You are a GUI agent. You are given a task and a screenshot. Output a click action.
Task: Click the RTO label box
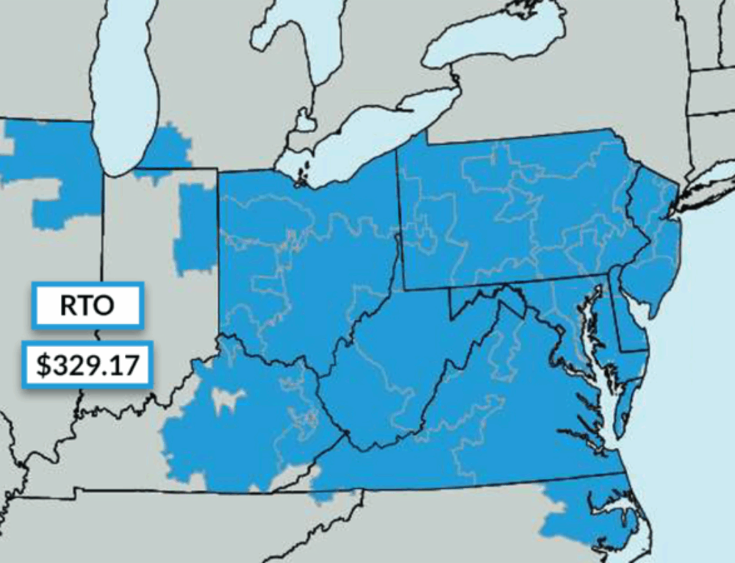[86, 304]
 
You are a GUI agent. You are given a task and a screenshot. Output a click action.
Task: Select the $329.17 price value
[87, 364]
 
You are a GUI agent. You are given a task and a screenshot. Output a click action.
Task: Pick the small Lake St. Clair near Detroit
[304, 119]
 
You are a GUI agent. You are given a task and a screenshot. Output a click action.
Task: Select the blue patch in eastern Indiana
[196, 228]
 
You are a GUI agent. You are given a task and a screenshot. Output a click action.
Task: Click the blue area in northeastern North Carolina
[588, 514]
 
